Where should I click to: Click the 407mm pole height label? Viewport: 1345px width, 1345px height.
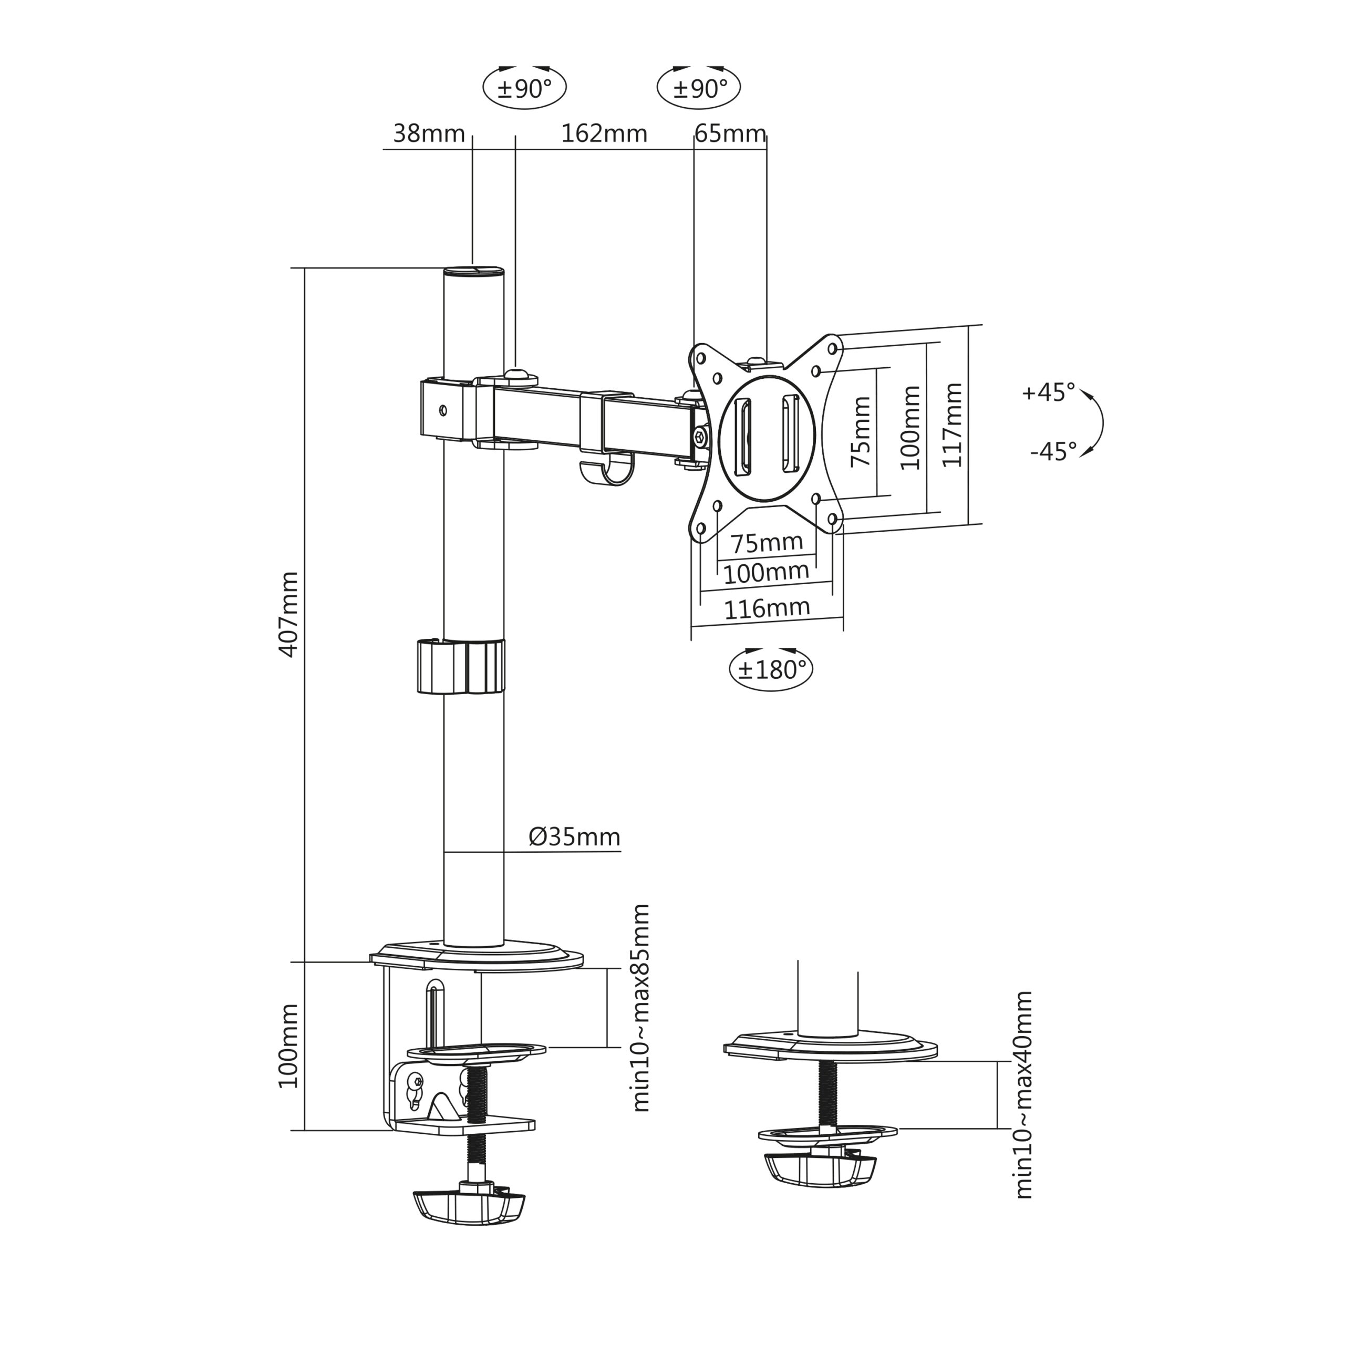pos(288,614)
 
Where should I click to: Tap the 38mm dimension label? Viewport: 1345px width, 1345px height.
pos(429,133)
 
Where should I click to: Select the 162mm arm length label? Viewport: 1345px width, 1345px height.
pos(604,133)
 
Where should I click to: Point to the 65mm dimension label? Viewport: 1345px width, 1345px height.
pos(730,133)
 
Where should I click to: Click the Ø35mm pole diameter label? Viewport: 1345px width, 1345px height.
pos(574,836)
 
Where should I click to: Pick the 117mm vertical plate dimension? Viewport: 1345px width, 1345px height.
pos(951,425)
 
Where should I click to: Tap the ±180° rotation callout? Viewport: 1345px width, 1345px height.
pos(771,669)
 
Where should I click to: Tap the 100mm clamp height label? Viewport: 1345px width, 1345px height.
pos(288,1047)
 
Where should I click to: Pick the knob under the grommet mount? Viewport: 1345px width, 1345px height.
pos(821,1171)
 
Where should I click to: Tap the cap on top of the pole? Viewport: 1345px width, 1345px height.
pos(474,270)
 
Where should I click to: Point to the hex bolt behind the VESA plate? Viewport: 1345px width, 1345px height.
pos(700,438)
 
